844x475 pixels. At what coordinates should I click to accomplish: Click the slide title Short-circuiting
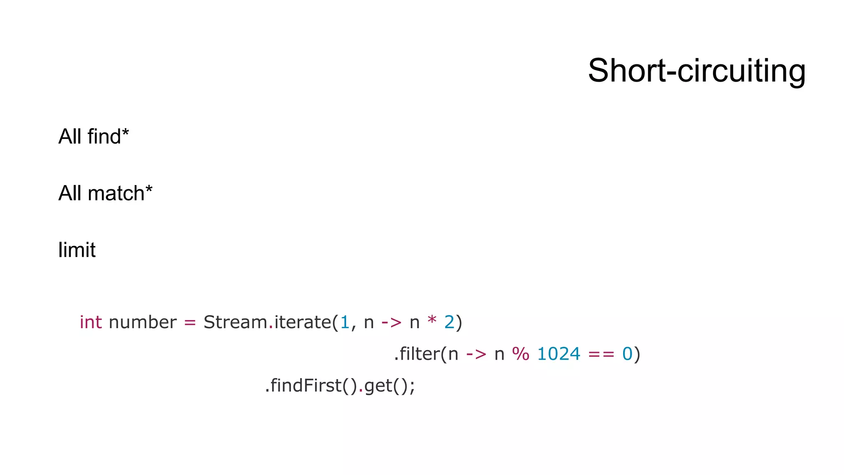coord(696,71)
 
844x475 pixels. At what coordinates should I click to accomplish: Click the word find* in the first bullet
coord(108,136)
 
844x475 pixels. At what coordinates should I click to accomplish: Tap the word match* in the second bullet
coord(120,193)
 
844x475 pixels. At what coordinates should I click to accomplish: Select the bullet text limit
coord(77,250)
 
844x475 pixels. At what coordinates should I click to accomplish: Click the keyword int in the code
coord(91,322)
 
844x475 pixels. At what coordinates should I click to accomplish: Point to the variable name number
coord(143,322)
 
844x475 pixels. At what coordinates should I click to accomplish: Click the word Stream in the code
coord(235,322)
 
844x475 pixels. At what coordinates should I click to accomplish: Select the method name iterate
coord(302,322)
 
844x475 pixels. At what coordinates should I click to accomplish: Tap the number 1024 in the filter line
coord(559,354)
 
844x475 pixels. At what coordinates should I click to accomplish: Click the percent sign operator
coord(520,354)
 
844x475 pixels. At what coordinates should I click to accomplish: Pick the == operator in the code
coord(601,354)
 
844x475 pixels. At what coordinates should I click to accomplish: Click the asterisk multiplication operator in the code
coord(432,320)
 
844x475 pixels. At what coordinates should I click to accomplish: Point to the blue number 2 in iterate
coord(449,322)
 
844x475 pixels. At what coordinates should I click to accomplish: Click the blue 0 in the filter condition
coord(627,354)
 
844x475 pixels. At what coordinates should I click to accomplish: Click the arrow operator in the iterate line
coord(391,322)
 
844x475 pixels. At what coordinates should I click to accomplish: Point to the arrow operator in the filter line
coord(476,354)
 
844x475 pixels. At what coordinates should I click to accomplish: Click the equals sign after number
coord(190,322)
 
